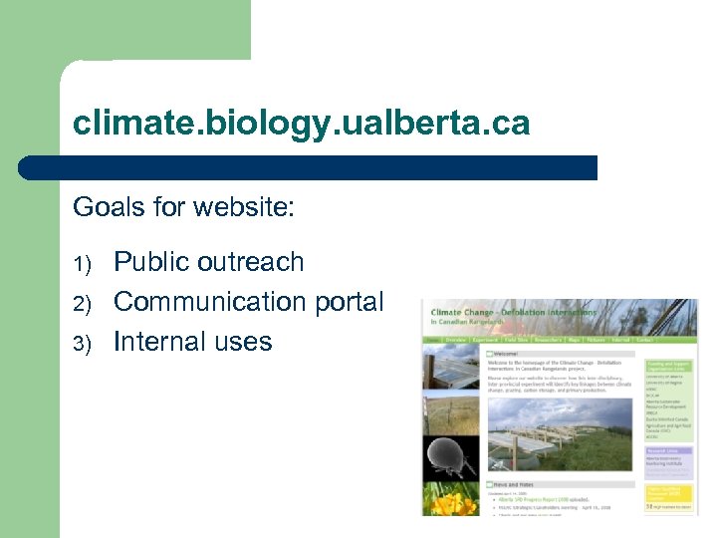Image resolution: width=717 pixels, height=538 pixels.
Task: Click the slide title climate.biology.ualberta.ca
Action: pyautogui.click(x=301, y=125)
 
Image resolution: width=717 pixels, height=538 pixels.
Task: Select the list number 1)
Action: pyautogui.click(x=85, y=264)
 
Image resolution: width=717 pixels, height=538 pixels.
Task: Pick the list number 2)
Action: pyautogui.click(x=85, y=304)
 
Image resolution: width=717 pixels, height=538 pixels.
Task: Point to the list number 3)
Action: pyautogui.click(x=85, y=344)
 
